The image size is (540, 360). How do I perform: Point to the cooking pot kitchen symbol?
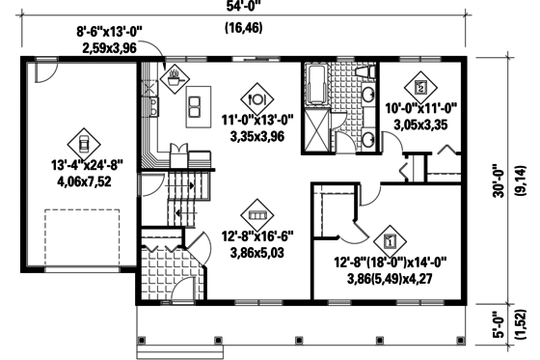coord(174,76)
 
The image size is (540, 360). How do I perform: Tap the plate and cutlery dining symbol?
coord(256,97)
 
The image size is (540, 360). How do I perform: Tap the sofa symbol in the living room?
coord(256,213)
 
